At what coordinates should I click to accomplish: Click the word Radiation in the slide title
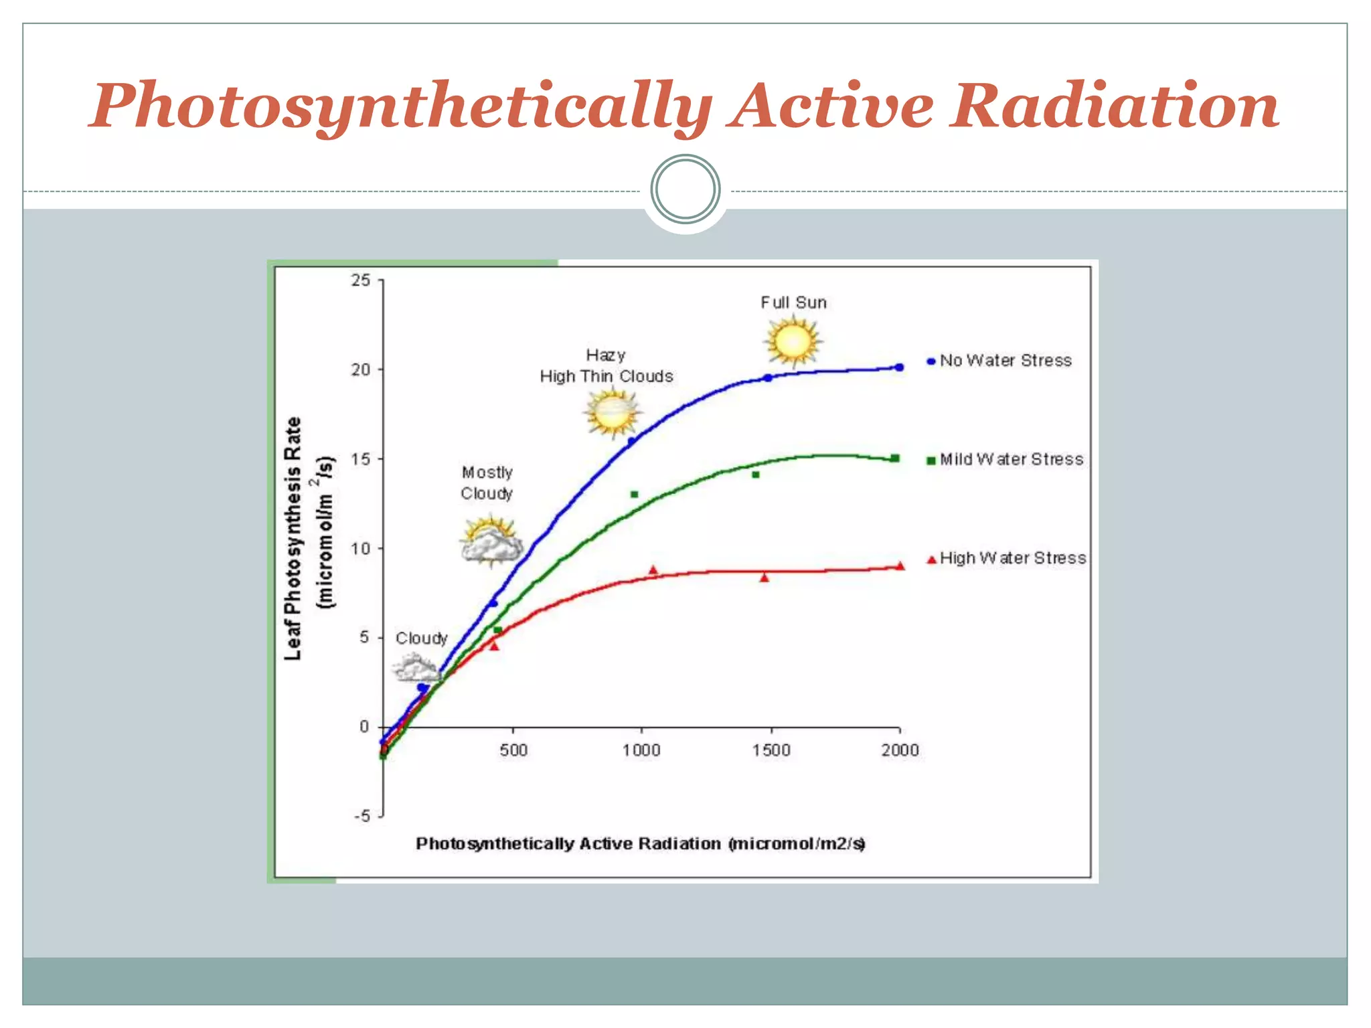[x=1115, y=106]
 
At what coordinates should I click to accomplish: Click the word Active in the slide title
[x=831, y=106]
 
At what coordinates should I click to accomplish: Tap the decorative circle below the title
[x=685, y=189]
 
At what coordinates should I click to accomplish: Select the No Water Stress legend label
[x=1005, y=361]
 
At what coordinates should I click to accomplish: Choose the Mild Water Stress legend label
[x=1011, y=459]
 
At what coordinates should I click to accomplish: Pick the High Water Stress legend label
[x=1012, y=558]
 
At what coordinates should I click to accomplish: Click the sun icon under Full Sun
[x=793, y=341]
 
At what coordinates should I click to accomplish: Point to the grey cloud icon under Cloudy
[x=416, y=668]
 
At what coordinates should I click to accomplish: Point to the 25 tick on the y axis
[x=361, y=280]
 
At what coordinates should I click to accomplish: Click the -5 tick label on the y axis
[x=362, y=816]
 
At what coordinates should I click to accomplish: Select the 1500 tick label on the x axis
[x=771, y=750]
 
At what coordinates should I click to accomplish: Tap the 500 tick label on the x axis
[x=513, y=750]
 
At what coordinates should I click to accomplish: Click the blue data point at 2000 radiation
[x=899, y=367]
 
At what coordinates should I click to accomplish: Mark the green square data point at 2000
[x=895, y=458]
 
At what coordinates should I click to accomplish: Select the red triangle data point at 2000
[x=900, y=566]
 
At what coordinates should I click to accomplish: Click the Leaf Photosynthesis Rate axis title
[x=294, y=539]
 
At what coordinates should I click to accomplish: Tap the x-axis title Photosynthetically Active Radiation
[x=640, y=843]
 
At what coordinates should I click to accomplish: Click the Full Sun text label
[x=793, y=303]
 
